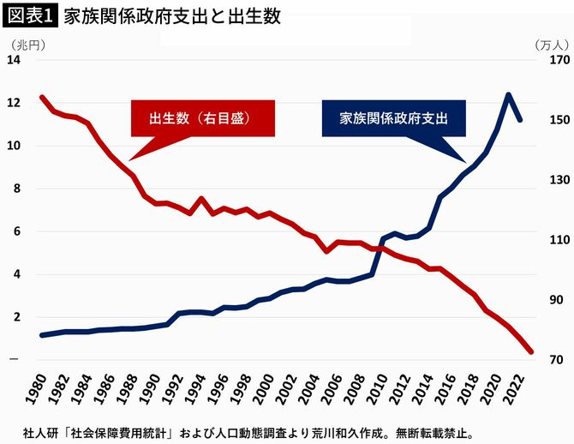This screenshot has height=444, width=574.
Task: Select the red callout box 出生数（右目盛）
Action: (203, 118)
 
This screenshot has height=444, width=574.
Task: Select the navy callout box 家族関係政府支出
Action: (393, 118)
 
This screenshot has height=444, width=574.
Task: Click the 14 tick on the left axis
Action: (14, 60)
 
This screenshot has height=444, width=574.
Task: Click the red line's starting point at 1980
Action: (42, 98)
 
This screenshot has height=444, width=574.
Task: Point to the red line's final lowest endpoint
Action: (530, 351)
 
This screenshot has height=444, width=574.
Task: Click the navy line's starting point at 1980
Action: (42, 335)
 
